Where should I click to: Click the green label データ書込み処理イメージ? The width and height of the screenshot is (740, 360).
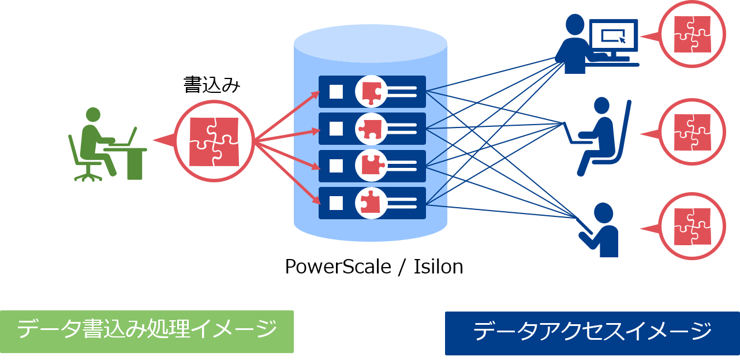tap(147, 331)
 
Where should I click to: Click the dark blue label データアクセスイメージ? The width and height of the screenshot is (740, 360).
tap(592, 333)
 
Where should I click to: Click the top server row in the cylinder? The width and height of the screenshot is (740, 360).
tap(372, 91)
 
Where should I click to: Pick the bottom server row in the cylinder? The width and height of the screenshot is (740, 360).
tap(372, 202)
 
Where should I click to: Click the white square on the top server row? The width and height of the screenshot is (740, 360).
tap(336, 91)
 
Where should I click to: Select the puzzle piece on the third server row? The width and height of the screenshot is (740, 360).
tap(372, 166)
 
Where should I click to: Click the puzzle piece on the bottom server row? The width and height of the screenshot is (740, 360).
tap(369, 202)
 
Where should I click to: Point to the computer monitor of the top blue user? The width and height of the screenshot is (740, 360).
tap(613, 36)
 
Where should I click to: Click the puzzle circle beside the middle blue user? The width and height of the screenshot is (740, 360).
tap(692, 133)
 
